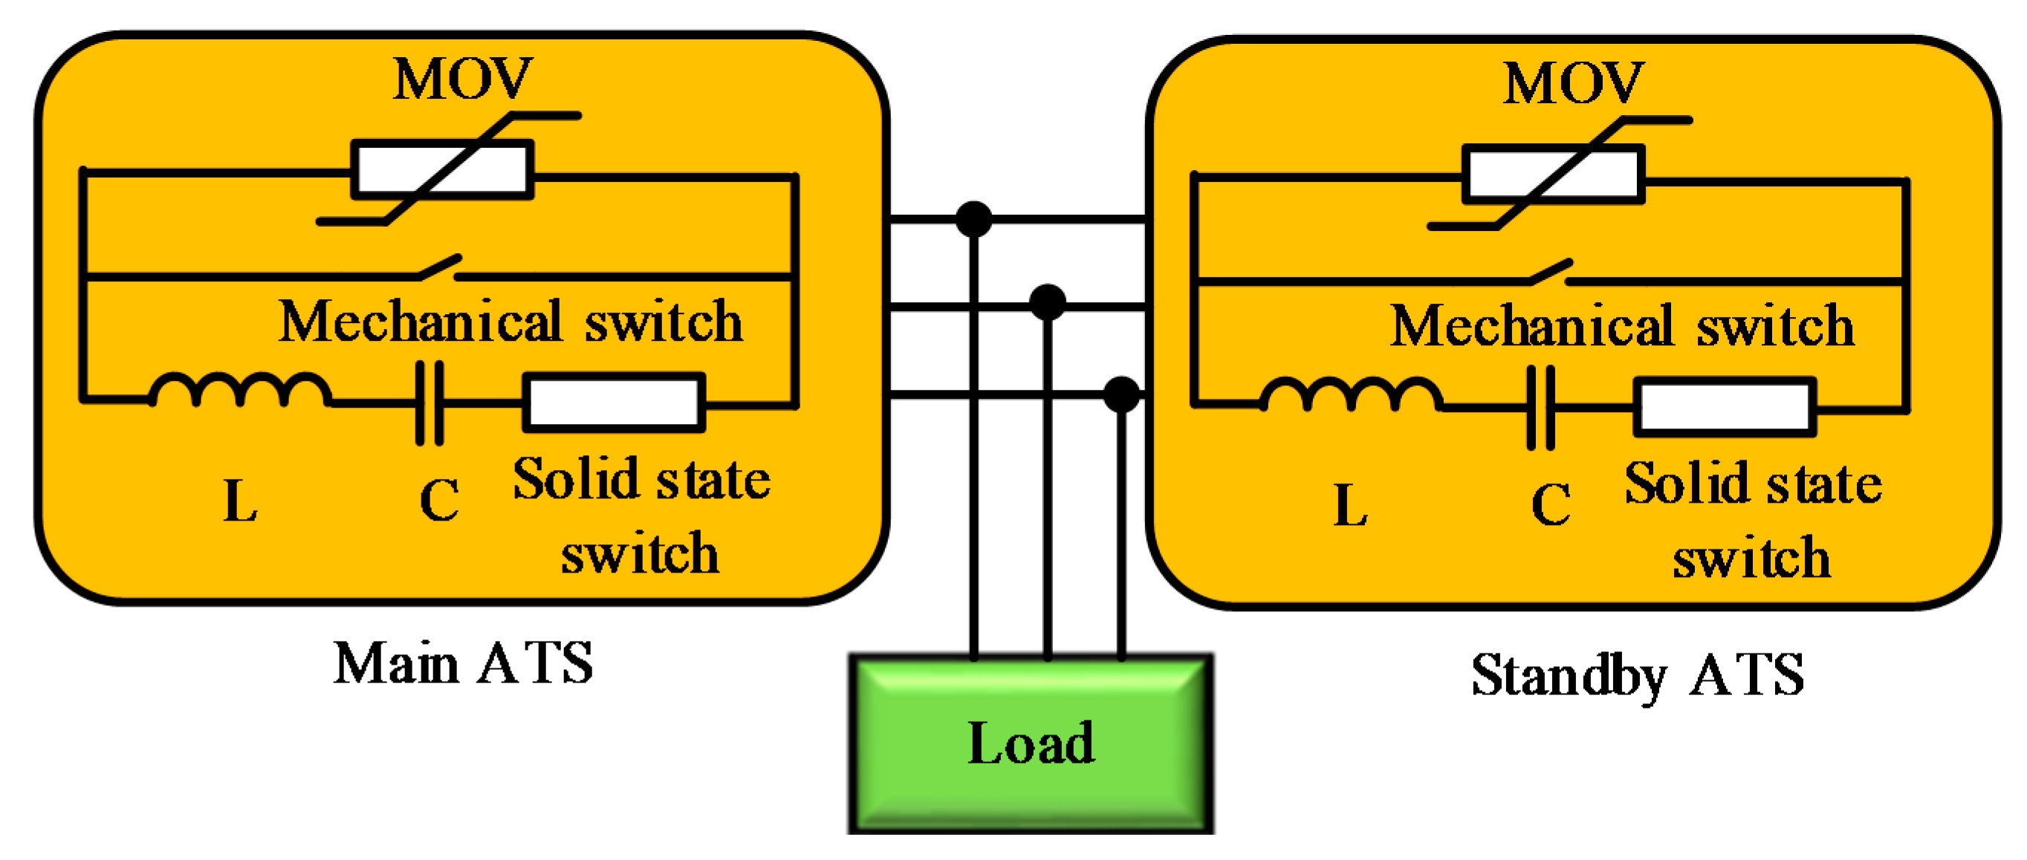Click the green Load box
click(1031, 743)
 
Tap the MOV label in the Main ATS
click(463, 79)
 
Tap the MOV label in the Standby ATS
click(1573, 83)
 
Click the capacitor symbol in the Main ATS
click(429, 403)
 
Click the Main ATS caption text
click(463, 663)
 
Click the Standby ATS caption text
click(1638, 675)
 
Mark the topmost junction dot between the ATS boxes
click(973, 219)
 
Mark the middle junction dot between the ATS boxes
click(1048, 302)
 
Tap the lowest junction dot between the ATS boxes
click(1121, 394)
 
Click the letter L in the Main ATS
click(240, 501)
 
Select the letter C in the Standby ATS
click(1551, 504)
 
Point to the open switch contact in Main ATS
click(439, 267)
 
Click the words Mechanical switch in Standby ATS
click(1622, 326)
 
